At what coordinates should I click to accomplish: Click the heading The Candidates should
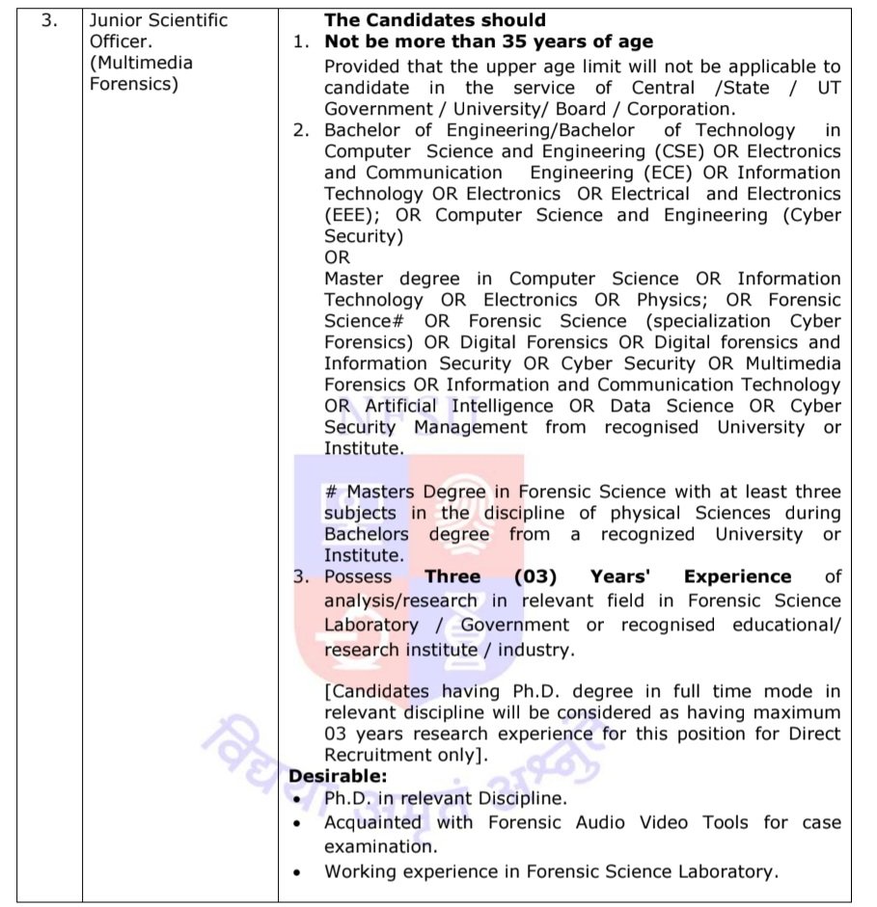pos(434,19)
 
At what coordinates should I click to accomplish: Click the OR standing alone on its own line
pos(337,257)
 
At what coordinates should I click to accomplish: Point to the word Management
pos(471,427)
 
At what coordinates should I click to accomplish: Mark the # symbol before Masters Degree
pos(330,493)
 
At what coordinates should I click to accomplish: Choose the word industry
pos(534,650)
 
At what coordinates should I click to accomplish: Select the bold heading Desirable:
pos(337,776)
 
